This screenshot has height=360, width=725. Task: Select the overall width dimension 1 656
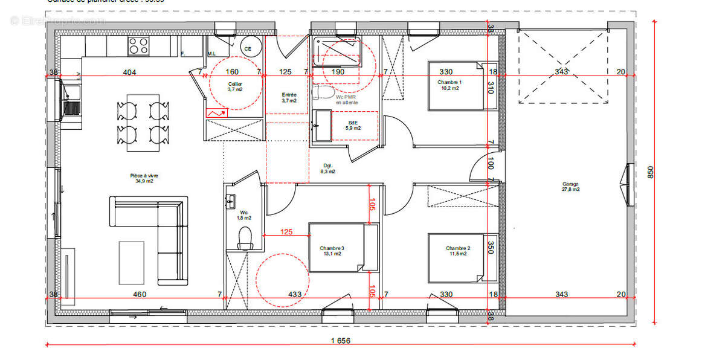(x=340, y=341)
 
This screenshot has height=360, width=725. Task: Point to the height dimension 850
(x=651, y=172)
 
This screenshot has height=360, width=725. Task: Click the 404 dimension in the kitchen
(x=129, y=72)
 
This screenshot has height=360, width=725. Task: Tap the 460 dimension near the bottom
(x=140, y=294)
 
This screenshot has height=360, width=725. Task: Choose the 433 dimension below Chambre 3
(x=295, y=294)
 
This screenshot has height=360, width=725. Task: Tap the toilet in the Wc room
(x=245, y=238)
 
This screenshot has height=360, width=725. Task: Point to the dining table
(x=143, y=122)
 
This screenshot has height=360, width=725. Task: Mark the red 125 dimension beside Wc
(x=286, y=231)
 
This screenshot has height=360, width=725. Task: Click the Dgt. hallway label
(x=328, y=168)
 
